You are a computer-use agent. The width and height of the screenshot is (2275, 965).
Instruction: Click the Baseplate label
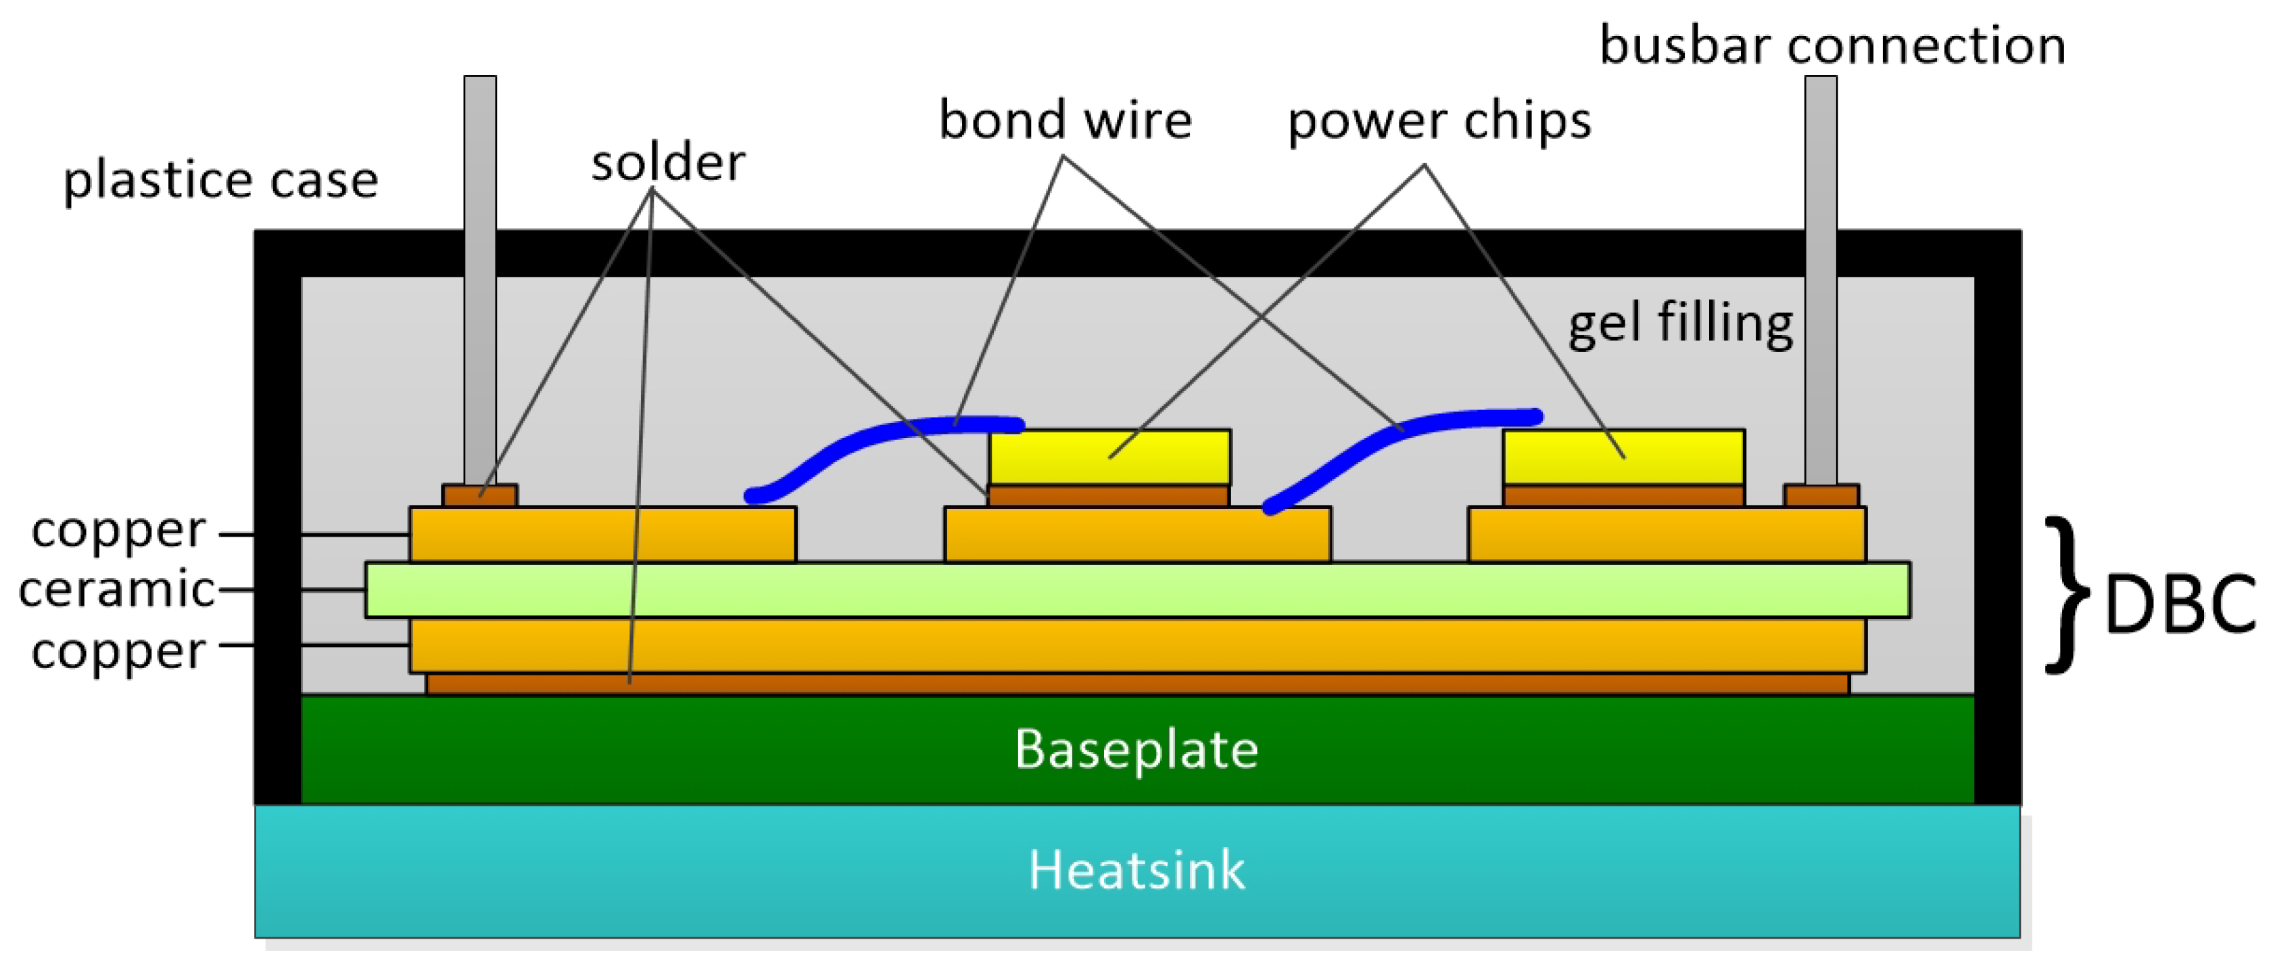[x=1136, y=749]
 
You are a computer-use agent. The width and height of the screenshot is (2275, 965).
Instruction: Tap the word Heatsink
[x=1136, y=870]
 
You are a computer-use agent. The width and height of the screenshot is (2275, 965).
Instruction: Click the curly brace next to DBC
[x=2067, y=595]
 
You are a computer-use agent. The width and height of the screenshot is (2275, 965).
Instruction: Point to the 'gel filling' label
[x=1680, y=323]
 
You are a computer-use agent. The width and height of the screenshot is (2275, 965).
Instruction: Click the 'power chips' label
[x=1439, y=120]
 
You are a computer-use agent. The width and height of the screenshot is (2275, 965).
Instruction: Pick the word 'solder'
[x=668, y=164]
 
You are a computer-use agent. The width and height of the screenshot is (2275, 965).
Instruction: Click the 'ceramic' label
[x=116, y=589]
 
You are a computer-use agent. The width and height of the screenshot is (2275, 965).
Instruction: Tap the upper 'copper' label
[x=118, y=531]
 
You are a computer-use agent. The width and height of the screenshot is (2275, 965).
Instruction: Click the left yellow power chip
[x=1109, y=457]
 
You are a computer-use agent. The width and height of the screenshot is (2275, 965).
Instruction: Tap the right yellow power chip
[x=1623, y=457]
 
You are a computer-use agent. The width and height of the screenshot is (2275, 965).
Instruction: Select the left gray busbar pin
[x=479, y=265]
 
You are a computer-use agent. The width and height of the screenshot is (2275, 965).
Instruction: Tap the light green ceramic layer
[x=1137, y=589]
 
